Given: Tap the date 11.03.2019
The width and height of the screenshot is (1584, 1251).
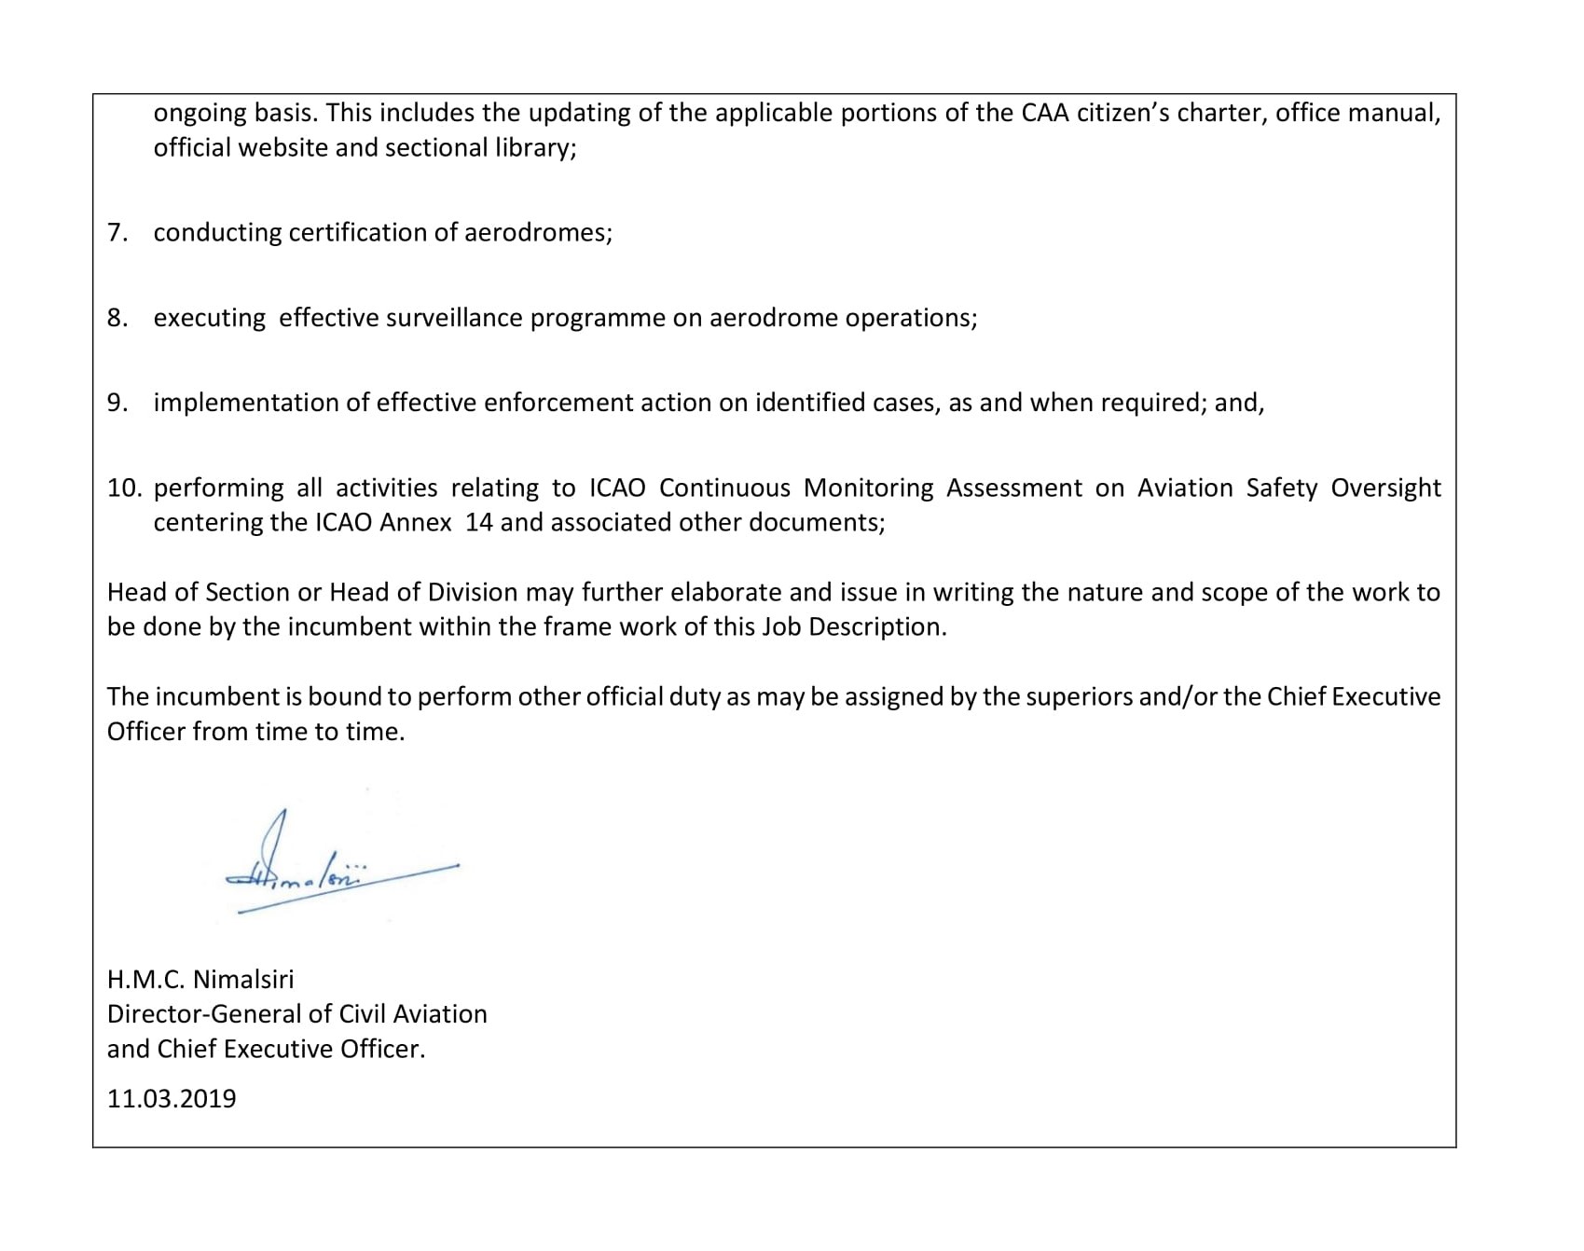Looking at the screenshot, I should pyautogui.click(x=172, y=1098).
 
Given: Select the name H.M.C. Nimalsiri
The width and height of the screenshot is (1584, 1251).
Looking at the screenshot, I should pyautogui.click(x=200, y=979).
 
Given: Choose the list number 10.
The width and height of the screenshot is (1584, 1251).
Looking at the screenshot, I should pyautogui.click(x=124, y=488).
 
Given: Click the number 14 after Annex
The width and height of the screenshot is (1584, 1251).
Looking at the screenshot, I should pyautogui.click(x=478, y=522).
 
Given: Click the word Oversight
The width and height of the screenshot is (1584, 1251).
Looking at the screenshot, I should pyautogui.click(x=1385, y=488).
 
